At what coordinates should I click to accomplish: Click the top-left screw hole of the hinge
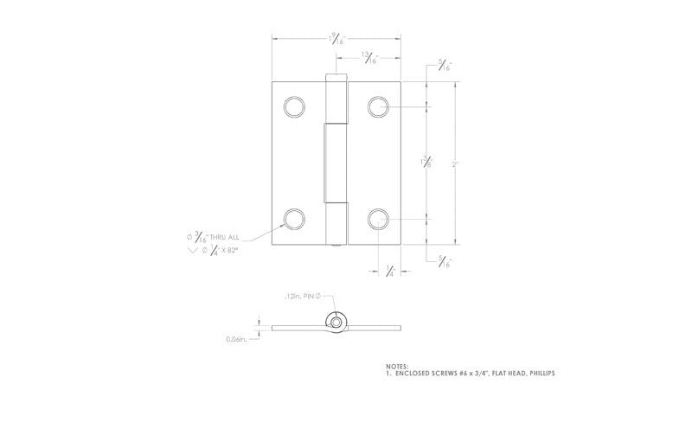295,107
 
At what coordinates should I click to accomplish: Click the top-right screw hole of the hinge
378,106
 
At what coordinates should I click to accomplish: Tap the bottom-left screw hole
295,218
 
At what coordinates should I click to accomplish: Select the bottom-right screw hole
378,218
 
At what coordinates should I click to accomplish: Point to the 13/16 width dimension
369,59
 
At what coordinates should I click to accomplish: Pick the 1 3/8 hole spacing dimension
426,163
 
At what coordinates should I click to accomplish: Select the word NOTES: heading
397,366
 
